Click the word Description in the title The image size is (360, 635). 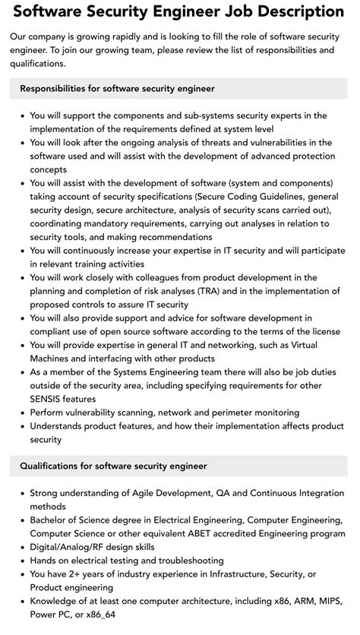(292, 11)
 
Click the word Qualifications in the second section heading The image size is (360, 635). (55, 466)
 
